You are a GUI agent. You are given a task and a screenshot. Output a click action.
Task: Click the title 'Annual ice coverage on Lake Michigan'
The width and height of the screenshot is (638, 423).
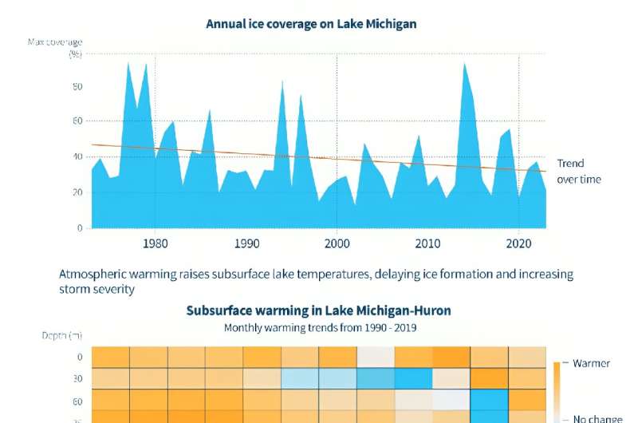(311, 24)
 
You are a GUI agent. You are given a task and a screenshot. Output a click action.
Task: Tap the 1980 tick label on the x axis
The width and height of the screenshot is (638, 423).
(156, 243)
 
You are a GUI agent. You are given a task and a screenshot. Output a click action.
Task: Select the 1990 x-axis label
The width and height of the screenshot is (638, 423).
(246, 243)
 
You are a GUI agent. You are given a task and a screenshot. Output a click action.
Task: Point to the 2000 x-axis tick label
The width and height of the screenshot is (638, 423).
(337, 243)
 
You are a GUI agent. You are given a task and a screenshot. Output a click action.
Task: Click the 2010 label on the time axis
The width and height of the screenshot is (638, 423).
(428, 243)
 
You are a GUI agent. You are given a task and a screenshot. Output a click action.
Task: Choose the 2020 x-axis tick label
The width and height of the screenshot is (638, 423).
(519, 243)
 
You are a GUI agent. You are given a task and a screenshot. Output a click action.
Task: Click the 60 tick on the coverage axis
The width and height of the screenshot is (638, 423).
(78, 121)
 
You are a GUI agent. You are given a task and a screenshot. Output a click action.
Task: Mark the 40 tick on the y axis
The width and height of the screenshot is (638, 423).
(78, 156)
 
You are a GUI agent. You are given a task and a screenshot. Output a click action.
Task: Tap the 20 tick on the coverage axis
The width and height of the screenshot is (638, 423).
(78, 192)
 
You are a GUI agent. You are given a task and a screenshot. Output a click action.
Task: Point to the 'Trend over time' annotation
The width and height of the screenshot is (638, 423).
(578, 171)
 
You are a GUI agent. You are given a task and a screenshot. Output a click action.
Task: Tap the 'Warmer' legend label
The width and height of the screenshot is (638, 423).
(592, 363)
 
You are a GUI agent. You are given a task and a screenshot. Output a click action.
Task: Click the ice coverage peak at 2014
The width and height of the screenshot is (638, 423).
(464, 63)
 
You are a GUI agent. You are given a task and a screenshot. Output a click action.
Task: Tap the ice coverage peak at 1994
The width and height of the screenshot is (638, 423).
(282, 80)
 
